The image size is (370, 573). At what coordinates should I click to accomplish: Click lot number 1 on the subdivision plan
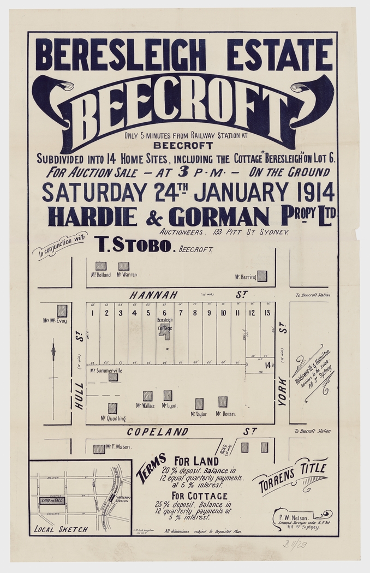[93, 313]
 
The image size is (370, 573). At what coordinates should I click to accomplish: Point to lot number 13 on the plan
[267, 313]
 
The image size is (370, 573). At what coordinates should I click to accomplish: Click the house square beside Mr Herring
[262, 276]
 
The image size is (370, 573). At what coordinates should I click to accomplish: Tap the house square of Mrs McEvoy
[62, 311]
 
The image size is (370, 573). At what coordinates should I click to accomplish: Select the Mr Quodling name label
[113, 419]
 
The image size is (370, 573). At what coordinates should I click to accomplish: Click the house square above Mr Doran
[223, 402]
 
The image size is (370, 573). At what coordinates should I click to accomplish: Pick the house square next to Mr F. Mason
[99, 449]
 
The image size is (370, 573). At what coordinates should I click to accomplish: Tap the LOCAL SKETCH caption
[61, 529]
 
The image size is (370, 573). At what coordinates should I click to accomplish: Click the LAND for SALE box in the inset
[52, 500]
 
